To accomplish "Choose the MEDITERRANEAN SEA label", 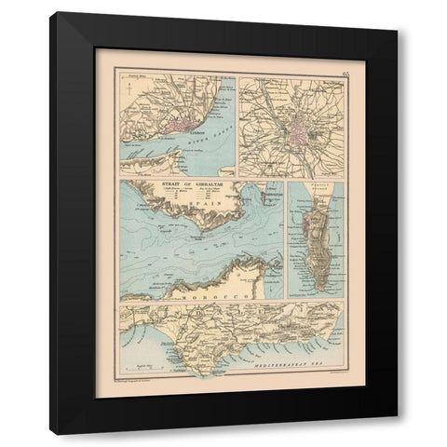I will [x=297, y=370].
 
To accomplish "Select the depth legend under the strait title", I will [x=183, y=197].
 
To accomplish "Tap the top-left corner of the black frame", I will [x=52, y=13].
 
